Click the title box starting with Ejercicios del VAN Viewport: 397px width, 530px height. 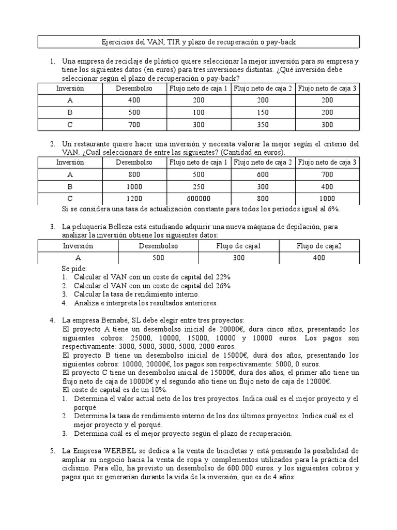[x=199, y=41]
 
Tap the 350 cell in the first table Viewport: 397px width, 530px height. [x=263, y=125]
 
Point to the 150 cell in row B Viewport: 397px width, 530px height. [x=263, y=113]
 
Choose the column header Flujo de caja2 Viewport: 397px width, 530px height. [x=319, y=246]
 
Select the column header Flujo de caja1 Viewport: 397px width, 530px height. [x=239, y=246]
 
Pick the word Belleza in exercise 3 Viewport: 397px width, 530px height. [x=121, y=227]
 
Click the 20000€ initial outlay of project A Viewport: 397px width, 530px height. [x=234, y=329]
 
